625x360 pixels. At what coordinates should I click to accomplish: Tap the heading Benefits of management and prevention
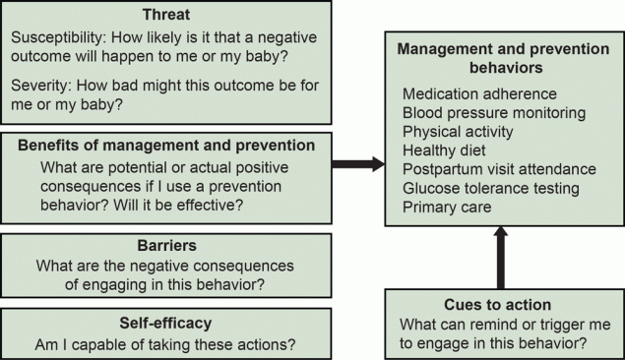tap(166, 145)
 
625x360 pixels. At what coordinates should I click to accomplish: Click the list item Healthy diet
tap(444, 150)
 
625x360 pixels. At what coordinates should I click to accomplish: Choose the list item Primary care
tap(448, 207)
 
